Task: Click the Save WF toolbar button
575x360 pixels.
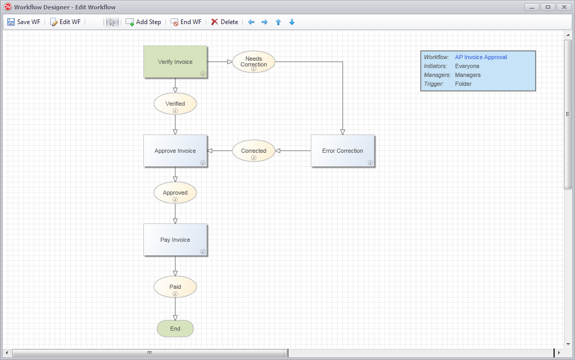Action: click(24, 22)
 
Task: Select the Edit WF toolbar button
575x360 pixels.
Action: click(65, 22)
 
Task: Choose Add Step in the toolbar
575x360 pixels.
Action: click(143, 22)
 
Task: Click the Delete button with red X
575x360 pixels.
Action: click(224, 22)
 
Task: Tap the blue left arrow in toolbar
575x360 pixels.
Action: click(251, 22)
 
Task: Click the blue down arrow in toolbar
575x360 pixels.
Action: click(292, 22)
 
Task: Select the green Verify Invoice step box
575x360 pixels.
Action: click(175, 62)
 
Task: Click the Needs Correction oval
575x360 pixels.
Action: click(254, 61)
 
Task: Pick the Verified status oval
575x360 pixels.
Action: click(175, 104)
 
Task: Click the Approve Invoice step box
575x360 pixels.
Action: click(175, 151)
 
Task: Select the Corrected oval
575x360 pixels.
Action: click(254, 151)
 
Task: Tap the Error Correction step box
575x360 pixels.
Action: click(343, 151)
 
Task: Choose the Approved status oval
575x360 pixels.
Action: click(175, 193)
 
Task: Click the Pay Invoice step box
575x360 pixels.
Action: click(175, 240)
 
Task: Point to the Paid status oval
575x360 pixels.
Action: click(175, 287)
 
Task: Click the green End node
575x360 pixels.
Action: click(175, 329)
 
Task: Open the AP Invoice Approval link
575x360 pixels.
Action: click(481, 57)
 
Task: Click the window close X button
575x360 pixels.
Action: click(563, 7)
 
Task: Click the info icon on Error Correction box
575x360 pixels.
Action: click(370, 163)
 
